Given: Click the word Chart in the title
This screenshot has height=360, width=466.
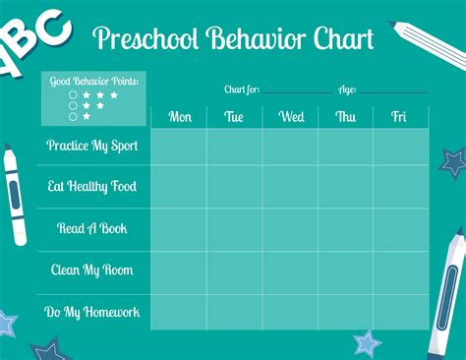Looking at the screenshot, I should coord(340,39).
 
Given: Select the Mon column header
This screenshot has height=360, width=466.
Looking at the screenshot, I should coord(180,117).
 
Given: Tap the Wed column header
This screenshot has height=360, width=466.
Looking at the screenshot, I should coord(291,117).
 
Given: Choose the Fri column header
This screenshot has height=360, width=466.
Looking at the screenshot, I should coord(399,117).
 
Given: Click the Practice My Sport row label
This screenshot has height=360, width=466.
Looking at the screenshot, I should coord(93,146).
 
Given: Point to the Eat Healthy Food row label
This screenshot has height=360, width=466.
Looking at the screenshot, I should coord(92,187).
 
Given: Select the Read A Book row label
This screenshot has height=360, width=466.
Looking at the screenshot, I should coord(93,228).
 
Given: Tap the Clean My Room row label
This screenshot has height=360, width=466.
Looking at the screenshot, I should coord(91,270).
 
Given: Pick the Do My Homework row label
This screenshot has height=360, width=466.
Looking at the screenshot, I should coord(92,312).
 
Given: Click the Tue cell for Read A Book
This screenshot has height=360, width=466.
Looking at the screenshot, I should coord(234,228).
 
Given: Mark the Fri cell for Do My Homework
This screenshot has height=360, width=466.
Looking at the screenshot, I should coord(400,312).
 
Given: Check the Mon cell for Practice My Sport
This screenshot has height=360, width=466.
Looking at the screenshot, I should coord(179,147).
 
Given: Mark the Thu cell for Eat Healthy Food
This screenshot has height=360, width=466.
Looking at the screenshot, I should coord(345,187).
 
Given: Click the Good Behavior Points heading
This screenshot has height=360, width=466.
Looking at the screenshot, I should coord(94,81).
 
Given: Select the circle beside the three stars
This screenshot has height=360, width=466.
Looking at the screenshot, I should coord(73,95).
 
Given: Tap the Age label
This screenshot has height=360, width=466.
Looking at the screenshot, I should coord(346,90).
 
